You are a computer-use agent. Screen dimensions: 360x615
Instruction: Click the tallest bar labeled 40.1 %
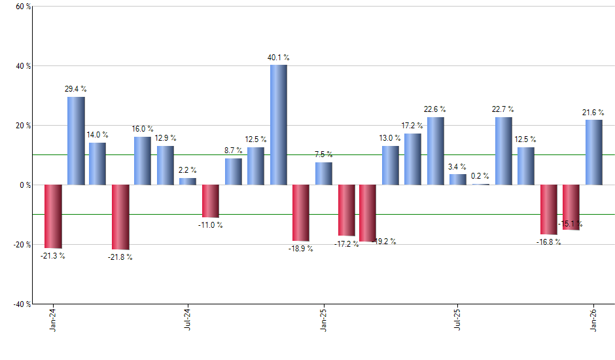tap(279, 124)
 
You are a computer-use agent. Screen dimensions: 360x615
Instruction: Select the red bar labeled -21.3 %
tap(53, 216)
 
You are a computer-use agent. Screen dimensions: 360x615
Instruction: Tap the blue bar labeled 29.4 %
tap(76, 141)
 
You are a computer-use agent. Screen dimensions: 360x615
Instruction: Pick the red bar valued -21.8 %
tap(120, 217)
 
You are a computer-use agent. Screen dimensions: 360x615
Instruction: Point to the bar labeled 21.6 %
tap(594, 152)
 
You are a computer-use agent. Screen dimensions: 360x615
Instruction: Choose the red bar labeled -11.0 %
tap(211, 201)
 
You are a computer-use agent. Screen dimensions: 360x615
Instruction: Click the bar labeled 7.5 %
tap(323, 173)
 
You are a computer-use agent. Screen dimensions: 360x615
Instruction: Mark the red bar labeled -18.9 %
tap(301, 213)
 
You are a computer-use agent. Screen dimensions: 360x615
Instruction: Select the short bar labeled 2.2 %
tap(188, 181)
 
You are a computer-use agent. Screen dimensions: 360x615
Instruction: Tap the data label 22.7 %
tap(503, 109)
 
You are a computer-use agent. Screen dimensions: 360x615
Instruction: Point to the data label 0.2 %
tap(481, 176)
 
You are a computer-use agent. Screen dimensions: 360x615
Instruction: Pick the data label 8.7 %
tap(233, 151)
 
